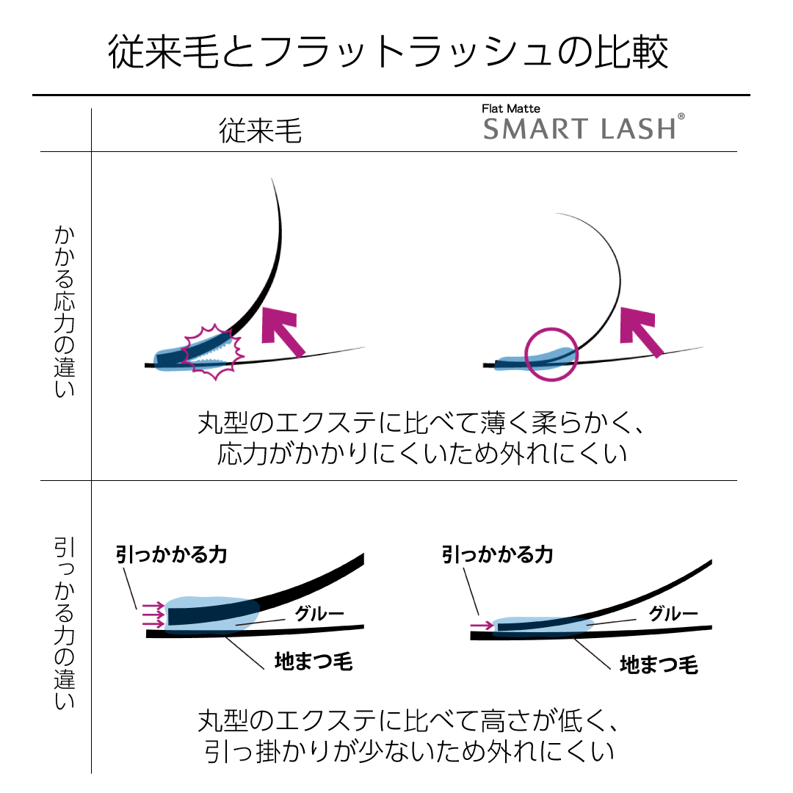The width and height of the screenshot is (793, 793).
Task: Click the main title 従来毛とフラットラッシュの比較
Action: [x=388, y=51]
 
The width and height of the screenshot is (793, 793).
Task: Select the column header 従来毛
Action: [x=261, y=131]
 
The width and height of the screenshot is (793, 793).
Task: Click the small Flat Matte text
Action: [x=511, y=109]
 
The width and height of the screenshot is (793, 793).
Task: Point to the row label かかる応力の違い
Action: [x=65, y=311]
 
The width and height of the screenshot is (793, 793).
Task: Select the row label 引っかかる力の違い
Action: [x=65, y=623]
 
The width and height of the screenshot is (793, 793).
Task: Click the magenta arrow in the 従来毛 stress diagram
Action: [x=283, y=330]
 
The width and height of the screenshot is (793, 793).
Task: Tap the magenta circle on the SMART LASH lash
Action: [x=551, y=329]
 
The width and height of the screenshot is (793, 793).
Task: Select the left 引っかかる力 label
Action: [x=171, y=555]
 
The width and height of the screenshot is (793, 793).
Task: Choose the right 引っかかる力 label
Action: [x=498, y=555]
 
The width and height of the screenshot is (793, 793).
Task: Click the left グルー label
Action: [x=319, y=614]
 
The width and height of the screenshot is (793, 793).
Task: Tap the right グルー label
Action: [x=673, y=614]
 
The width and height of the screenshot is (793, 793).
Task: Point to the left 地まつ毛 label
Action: [x=314, y=662]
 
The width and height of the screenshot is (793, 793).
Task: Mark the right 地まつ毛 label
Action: [x=659, y=665]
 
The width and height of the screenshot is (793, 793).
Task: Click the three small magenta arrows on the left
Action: [x=153, y=615]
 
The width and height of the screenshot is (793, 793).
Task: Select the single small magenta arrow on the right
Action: [x=482, y=626]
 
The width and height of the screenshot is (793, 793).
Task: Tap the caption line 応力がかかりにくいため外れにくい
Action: [x=421, y=453]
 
